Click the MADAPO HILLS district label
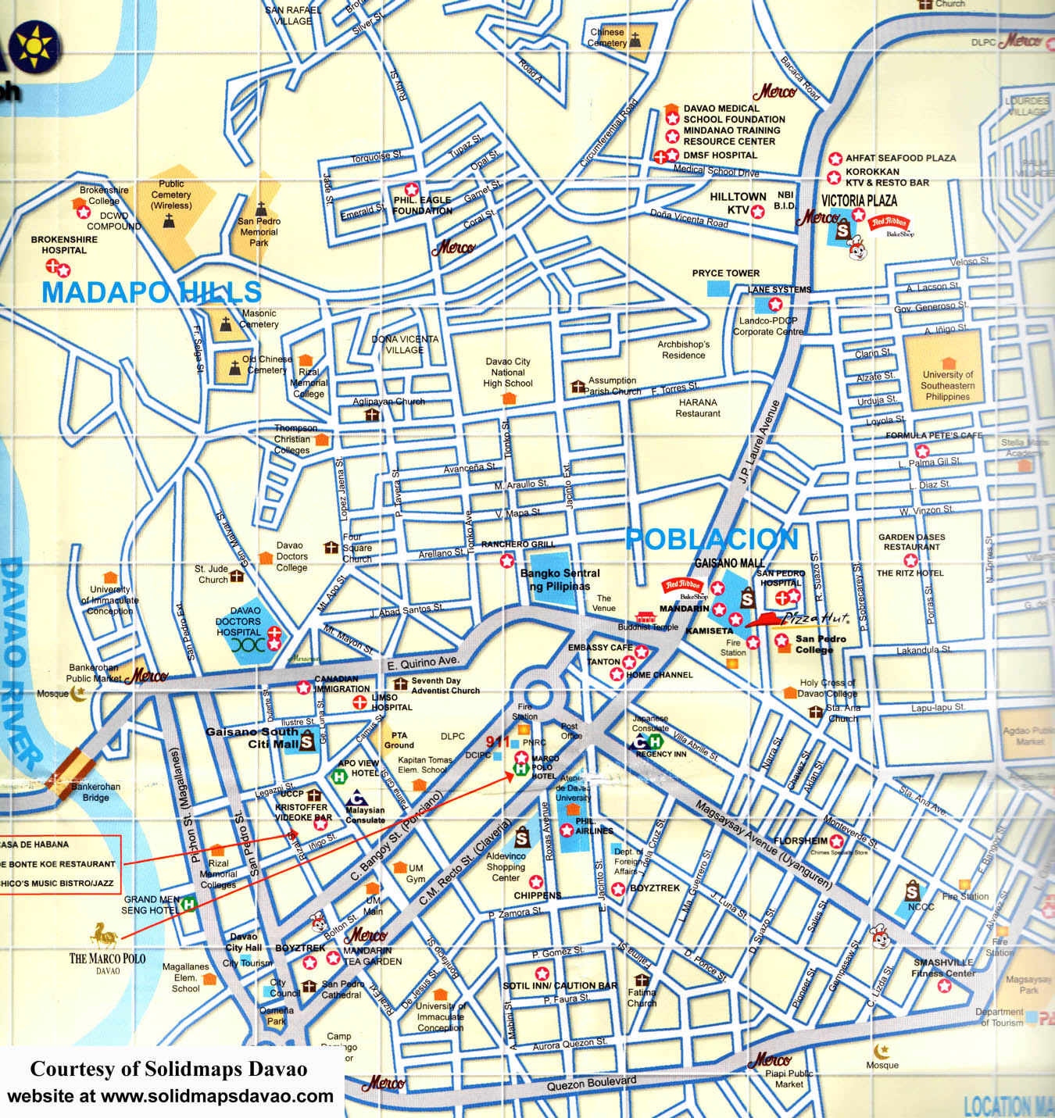pos(151,292)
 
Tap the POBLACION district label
pos(712,539)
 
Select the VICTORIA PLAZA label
pos(859,201)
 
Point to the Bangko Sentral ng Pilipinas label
pos(560,580)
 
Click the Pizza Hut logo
pos(797,620)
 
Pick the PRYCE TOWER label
pos(725,273)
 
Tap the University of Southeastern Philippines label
pos(947,385)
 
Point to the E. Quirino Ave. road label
pos(423,663)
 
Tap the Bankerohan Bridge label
pos(95,792)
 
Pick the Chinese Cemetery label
pos(608,38)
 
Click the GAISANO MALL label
pos(729,563)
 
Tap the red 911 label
pos(498,741)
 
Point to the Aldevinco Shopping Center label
pos(506,866)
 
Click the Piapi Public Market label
pos(789,1079)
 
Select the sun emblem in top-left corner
pos(33,45)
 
